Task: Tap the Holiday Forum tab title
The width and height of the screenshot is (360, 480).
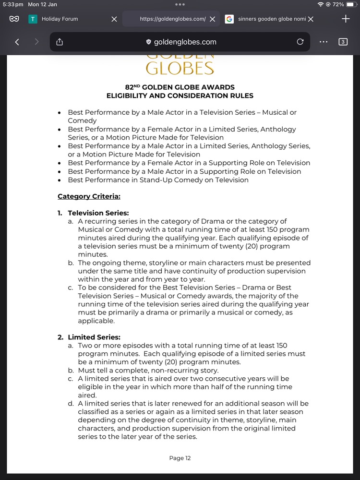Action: (x=60, y=19)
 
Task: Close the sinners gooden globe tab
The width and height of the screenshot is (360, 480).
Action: (x=311, y=19)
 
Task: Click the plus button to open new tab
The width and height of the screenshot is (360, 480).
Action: (x=346, y=19)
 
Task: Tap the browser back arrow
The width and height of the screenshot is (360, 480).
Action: (x=17, y=42)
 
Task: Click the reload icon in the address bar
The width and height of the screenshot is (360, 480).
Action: (x=300, y=42)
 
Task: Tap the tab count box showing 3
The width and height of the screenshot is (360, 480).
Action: (x=343, y=42)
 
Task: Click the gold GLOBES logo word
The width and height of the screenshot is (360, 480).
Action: (x=180, y=68)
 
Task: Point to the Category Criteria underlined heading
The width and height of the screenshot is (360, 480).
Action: (x=89, y=196)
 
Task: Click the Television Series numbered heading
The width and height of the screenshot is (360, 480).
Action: (x=98, y=213)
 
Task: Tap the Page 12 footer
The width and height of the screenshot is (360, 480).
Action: (x=180, y=458)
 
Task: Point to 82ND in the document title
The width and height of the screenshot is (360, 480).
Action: (x=132, y=87)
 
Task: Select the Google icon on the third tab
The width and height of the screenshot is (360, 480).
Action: (x=229, y=19)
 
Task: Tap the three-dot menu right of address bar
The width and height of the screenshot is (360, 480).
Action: (x=324, y=42)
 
